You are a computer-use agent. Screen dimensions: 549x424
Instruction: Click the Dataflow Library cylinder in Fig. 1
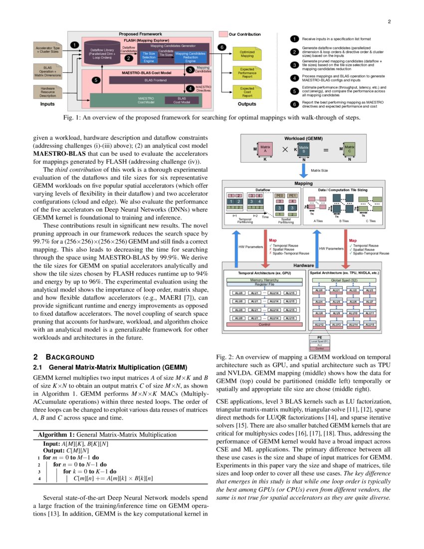point(102,51)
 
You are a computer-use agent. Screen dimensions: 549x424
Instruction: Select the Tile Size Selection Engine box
point(149,56)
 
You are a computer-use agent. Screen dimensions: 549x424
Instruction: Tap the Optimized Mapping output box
point(247,54)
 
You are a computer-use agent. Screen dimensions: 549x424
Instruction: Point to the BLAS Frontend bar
point(156,79)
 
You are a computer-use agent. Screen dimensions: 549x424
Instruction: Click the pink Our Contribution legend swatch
point(223,34)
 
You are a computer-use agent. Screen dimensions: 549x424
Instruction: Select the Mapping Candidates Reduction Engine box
point(190,56)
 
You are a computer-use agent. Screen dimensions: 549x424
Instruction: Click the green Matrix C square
point(349,148)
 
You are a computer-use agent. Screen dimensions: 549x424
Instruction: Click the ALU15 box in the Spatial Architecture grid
point(370,325)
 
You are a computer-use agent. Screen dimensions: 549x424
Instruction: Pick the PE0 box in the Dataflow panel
point(280,195)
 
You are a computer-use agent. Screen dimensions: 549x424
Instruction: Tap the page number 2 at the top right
point(389,22)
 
